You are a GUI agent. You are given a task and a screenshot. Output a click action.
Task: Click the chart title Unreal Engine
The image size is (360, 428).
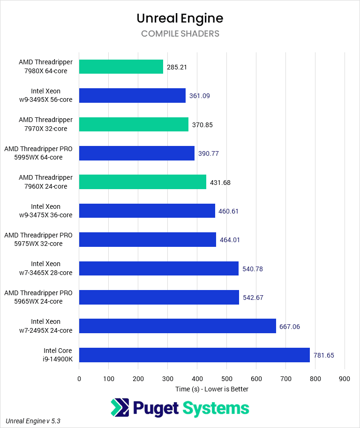point(180,18)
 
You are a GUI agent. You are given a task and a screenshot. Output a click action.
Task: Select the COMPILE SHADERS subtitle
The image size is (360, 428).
point(180,34)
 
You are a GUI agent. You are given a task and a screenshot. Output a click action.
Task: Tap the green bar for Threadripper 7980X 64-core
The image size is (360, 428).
point(121,67)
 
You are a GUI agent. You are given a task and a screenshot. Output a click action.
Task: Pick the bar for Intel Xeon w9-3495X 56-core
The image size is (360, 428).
point(132,96)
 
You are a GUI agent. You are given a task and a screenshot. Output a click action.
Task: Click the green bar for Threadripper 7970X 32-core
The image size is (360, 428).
point(134,124)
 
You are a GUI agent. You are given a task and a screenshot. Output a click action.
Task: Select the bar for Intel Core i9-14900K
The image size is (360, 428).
point(194,355)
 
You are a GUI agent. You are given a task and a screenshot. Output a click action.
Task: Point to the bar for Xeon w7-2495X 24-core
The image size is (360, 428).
point(177,326)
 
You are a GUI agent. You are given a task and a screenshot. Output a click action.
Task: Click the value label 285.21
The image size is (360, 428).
point(177,67)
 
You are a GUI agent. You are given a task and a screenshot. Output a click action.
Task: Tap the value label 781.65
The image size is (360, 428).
point(324,355)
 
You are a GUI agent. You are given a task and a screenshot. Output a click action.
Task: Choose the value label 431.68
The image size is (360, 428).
point(220,182)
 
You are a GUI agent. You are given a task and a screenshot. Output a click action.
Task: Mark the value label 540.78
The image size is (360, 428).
point(253,269)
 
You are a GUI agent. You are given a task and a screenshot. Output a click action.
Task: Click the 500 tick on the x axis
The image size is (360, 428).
point(226,379)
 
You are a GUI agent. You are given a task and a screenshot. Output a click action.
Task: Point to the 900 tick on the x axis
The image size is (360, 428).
point(345,379)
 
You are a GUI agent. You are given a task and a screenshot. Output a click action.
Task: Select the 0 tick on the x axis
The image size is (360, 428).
point(79,379)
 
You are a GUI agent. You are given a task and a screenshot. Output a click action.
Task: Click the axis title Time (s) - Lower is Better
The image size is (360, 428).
point(212,389)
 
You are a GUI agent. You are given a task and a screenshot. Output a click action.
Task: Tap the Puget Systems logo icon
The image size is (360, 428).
point(119,408)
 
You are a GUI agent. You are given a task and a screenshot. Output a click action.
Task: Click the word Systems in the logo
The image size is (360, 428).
point(215,408)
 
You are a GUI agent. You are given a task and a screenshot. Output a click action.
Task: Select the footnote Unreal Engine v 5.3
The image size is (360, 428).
point(33,421)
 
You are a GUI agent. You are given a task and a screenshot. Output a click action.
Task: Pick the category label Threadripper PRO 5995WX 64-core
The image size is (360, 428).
point(38,153)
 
